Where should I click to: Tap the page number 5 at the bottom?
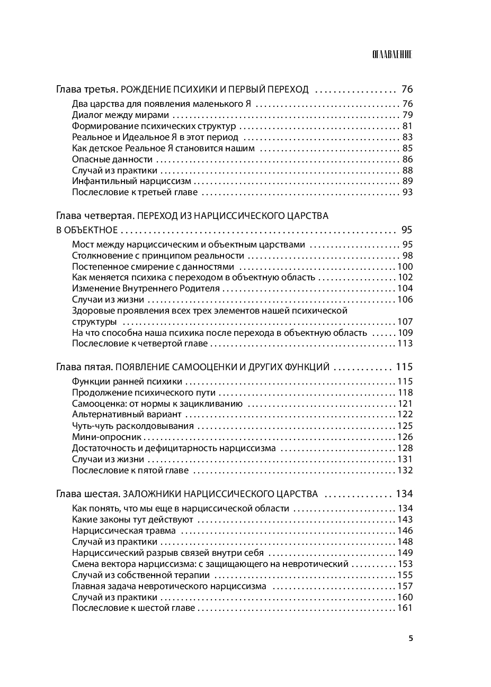[410, 637]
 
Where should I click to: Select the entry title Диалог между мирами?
[120, 115]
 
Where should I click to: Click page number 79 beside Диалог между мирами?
[407, 115]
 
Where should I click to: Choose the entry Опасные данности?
[112, 159]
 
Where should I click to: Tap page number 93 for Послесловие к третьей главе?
[407, 192]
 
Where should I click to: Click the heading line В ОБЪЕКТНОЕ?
[86, 230]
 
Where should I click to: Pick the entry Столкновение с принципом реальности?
[158, 255]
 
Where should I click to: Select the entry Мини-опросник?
[107, 437]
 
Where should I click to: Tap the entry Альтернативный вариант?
[127, 415]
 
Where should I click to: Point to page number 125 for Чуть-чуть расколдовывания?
[405, 426]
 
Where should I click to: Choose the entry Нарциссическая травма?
[124, 530]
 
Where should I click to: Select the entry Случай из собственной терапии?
[141, 575]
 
